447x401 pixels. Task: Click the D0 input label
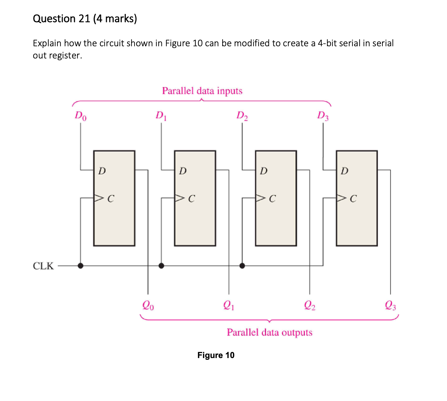point(80,116)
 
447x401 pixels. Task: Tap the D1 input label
point(161,116)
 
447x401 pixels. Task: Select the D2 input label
point(242,116)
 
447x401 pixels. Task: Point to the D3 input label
point(323,116)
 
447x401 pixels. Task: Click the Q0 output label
point(148,305)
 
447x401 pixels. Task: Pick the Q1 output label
point(229,305)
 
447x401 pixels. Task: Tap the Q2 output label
point(310,305)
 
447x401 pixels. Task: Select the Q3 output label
point(390,305)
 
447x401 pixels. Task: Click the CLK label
point(43,266)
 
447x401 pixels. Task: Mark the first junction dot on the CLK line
point(80,266)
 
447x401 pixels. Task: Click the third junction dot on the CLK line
point(242,266)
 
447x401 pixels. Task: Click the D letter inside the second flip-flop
point(183,171)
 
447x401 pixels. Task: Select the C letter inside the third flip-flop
point(272,199)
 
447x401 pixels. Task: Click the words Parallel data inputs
point(202,91)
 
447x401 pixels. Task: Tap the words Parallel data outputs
point(269,332)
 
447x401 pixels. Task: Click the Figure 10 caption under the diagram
point(216,355)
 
